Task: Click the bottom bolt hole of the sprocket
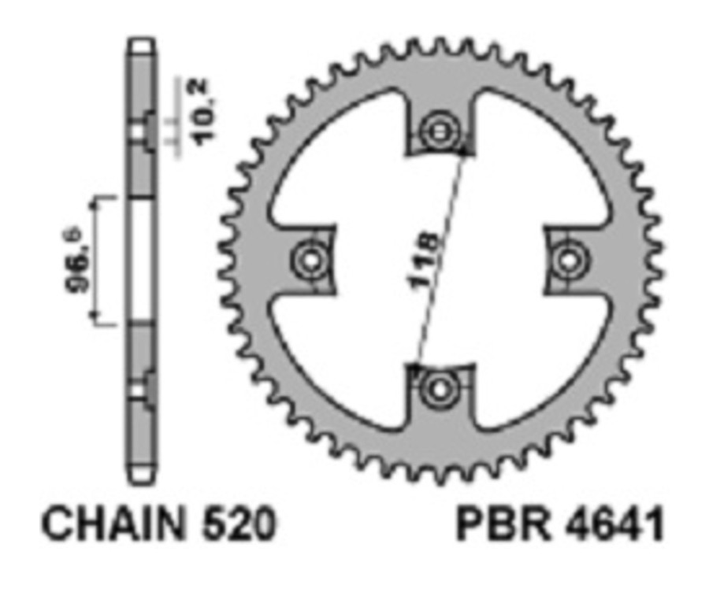[438, 387]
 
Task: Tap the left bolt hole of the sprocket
[308, 258]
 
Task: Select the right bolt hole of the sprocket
[567, 258]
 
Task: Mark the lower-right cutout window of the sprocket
[536, 354]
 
